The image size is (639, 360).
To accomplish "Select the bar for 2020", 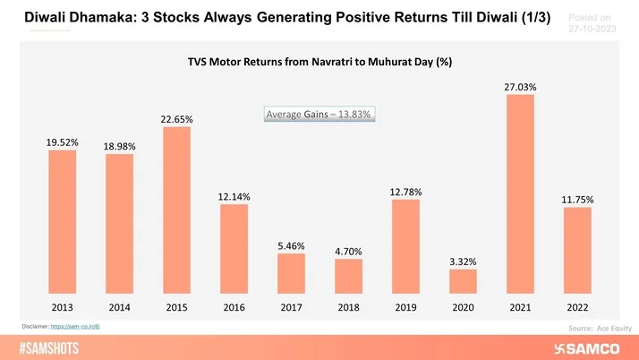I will tap(463, 282).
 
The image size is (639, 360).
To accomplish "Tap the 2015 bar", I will tap(176, 210).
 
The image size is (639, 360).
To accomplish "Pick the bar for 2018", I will tap(348, 277).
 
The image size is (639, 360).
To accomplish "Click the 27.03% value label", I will tap(520, 86).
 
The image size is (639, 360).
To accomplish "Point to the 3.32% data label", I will tap(463, 261).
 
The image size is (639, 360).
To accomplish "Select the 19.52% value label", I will tap(62, 141).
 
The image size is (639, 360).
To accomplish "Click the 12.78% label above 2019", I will tap(405, 192).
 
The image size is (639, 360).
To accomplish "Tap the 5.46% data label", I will tap(291, 244).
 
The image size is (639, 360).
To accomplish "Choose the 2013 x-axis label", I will tap(62, 307).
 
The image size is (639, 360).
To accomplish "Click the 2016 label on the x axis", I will tap(234, 307).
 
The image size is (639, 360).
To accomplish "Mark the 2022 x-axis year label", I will tap(577, 307).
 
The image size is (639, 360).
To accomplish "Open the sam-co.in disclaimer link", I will tap(81, 329).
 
